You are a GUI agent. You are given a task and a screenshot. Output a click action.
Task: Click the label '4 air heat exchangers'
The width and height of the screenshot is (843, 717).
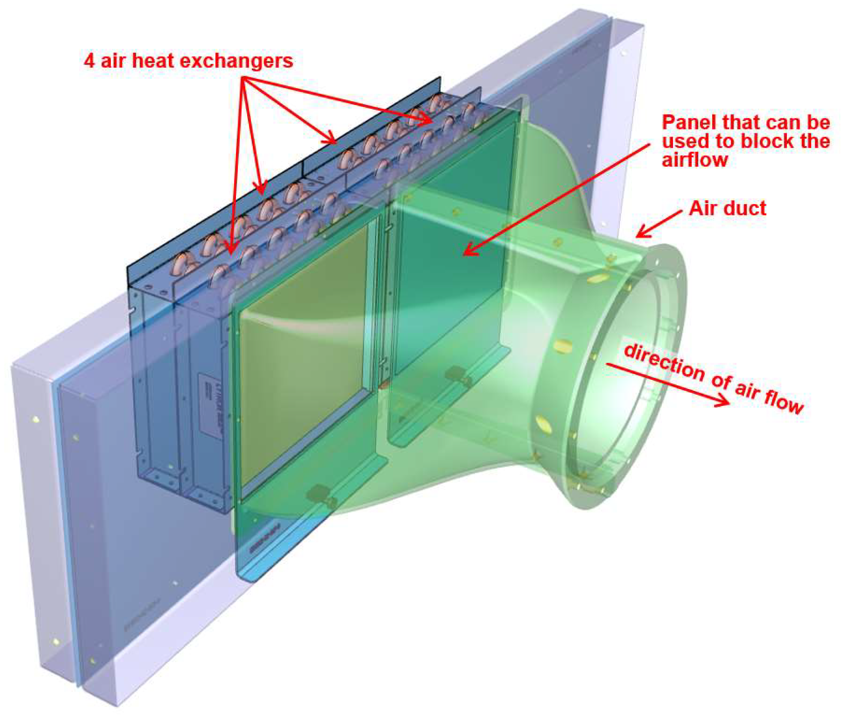188,60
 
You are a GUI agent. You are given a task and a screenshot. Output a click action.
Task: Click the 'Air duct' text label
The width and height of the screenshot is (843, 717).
727,208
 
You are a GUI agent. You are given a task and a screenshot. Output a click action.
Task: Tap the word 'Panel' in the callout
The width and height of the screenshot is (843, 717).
690,123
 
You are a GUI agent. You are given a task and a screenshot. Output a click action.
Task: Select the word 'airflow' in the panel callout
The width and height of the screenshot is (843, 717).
695,160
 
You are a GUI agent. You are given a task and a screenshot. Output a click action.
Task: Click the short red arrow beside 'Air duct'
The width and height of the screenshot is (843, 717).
658,224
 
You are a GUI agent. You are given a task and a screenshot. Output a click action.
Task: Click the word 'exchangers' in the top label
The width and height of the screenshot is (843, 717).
244,60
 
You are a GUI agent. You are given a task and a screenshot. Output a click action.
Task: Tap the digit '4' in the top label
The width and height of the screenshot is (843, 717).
89,60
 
